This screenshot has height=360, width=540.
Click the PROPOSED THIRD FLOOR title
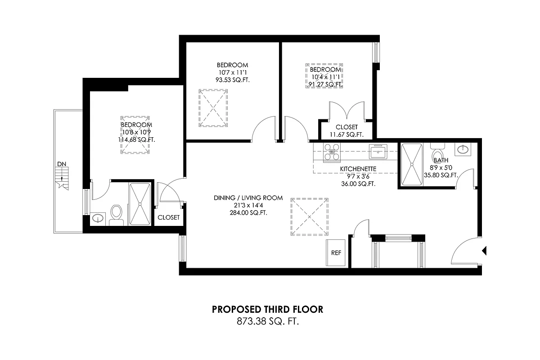click(x=267, y=310)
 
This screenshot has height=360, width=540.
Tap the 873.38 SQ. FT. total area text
click(x=267, y=321)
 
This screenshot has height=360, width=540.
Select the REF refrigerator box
click(x=336, y=253)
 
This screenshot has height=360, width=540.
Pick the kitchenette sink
click(x=378, y=152)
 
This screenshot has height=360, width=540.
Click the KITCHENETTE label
click(x=358, y=169)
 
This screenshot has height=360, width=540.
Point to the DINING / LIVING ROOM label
click(x=248, y=198)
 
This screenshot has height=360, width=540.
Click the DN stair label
click(x=61, y=164)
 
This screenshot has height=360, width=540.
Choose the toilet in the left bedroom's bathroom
click(x=117, y=214)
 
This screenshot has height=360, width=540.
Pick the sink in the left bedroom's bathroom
click(x=98, y=219)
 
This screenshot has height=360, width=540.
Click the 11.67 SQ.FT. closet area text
click(x=346, y=135)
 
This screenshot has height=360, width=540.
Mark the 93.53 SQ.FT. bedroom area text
click(x=232, y=80)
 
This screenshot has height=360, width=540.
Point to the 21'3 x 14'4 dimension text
click(x=248, y=205)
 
